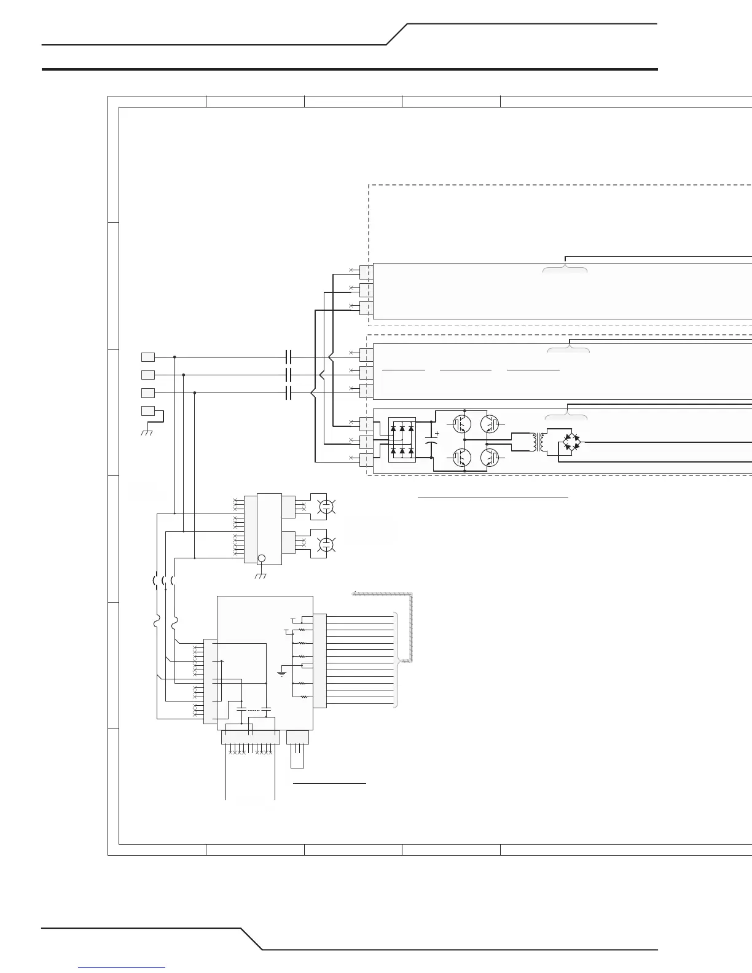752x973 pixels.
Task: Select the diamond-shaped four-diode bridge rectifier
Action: coord(571,442)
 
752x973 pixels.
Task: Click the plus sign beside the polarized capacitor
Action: coord(436,434)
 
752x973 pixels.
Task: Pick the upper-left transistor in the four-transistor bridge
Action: coord(460,423)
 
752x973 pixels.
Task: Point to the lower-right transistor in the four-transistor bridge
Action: coord(490,458)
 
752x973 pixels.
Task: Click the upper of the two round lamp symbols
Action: coord(326,507)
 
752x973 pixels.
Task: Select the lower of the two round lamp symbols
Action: coord(326,544)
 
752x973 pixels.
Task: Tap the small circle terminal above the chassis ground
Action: coord(261,558)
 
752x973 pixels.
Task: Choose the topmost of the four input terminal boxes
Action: coord(148,357)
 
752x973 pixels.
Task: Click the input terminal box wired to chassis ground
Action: coord(148,410)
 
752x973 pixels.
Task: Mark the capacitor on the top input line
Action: coord(289,357)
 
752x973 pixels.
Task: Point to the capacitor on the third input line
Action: coord(289,393)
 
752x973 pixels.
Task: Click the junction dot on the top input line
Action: coord(175,357)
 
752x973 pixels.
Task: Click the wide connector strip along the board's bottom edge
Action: coord(250,737)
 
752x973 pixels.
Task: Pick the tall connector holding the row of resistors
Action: coord(320,660)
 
